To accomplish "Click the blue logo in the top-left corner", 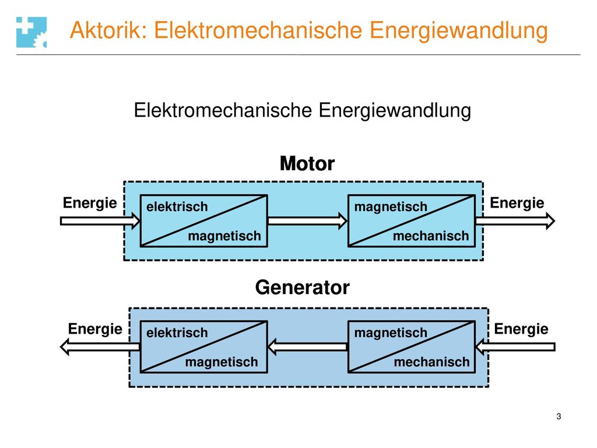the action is click(x=31, y=32).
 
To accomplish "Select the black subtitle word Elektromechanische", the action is click(x=223, y=110).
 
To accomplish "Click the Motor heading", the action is click(x=307, y=163).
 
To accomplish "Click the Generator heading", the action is click(x=303, y=287).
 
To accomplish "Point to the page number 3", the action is click(x=559, y=416).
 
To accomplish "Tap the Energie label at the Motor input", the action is click(x=90, y=203).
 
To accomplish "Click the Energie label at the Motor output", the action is click(x=517, y=203).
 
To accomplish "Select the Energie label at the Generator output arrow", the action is click(x=95, y=329).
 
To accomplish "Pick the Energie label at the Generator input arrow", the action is click(x=521, y=329).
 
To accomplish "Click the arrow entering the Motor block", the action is click(x=100, y=221).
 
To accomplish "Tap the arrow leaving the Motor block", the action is click(x=515, y=221).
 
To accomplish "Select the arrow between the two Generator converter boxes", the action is click(x=308, y=346).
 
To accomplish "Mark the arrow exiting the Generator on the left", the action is click(x=100, y=346).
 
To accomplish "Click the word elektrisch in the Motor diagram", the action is click(x=177, y=207).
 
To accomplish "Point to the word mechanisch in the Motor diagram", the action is click(x=431, y=236).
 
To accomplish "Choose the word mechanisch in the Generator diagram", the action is click(x=431, y=362).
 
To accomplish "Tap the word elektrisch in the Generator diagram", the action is click(x=177, y=333).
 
